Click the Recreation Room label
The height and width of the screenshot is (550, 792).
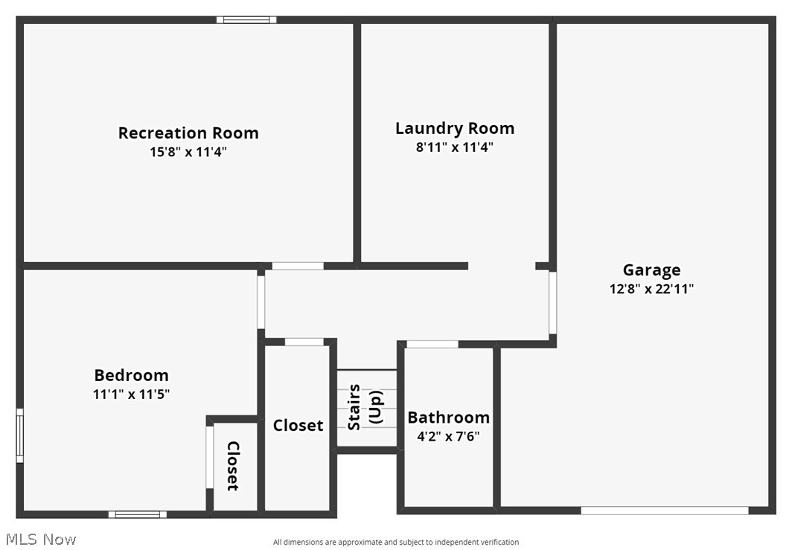[x=188, y=133]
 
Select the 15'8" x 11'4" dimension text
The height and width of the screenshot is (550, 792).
[x=188, y=153]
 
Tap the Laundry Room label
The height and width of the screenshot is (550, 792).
[x=454, y=128]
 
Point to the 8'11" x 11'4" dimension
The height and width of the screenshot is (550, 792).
[x=454, y=147]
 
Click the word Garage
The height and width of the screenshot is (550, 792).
[x=651, y=270]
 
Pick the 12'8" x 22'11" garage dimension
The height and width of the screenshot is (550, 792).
[x=651, y=290]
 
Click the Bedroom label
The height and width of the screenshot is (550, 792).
[x=131, y=375]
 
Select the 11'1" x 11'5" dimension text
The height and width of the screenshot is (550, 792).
[x=131, y=394]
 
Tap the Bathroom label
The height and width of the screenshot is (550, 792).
[x=448, y=418]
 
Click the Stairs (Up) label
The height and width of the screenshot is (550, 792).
[x=365, y=407]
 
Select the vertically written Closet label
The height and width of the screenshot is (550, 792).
[x=232, y=466]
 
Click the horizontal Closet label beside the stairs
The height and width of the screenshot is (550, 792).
[x=298, y=426]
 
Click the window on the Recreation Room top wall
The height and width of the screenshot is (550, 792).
[x=246, y=20]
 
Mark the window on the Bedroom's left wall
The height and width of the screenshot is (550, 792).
[x=20, y=435]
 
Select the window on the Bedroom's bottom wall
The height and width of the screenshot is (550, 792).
[x=138, y=514]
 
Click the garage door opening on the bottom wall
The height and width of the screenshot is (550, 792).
[x=664, y=511]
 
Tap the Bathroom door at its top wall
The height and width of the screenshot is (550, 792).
[x=432, y=344]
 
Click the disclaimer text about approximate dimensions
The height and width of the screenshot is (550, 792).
[x=395, y=543]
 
